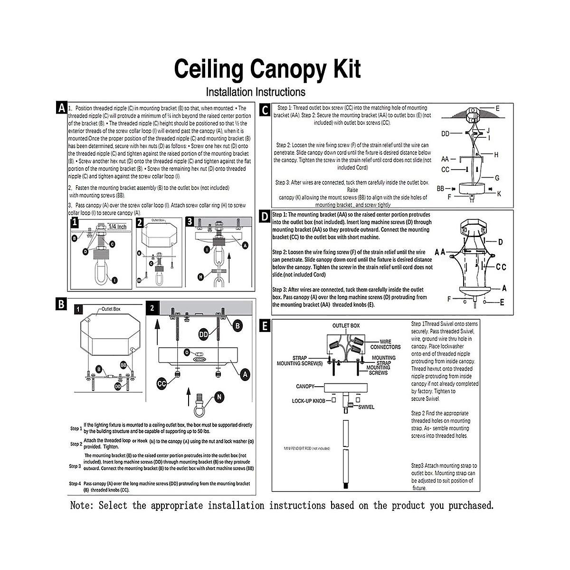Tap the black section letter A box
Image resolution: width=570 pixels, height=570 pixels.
click(61, 108)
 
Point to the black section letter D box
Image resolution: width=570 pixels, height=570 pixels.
click(265, 217)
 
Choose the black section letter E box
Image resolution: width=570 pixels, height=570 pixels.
click(265, 325)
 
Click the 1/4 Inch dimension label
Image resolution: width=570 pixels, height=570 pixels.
click(116, 227)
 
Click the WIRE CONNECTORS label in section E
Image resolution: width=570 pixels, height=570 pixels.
click(389, 344)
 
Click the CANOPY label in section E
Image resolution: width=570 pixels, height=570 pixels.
click(306, 386)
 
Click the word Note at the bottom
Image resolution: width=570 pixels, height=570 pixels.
click(82, 505)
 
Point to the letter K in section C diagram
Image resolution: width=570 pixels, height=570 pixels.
click(499, 194)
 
